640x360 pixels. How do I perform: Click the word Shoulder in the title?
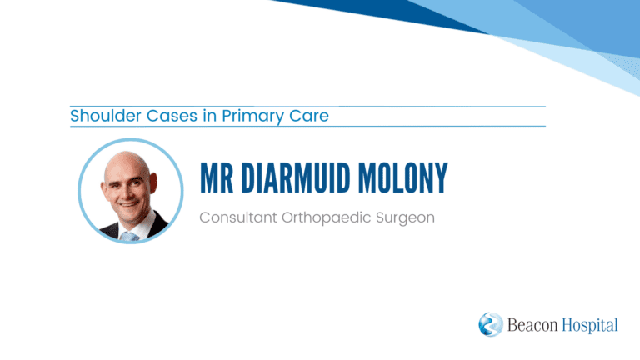tap(106, 116)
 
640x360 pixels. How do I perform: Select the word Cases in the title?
tap(172, 116)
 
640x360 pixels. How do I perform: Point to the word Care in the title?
tap(309, 116)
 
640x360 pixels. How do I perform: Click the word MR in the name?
tap(217, 177)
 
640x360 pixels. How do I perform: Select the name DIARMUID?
tap(296, 177)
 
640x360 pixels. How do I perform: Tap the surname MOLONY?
tap(402, 177)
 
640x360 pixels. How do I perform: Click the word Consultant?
tap(238, 217)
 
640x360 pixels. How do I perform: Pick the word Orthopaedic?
tap(327, 218)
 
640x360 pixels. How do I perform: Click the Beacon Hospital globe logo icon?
tap(491, 324)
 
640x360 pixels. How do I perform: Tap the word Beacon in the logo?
tap(532, 325)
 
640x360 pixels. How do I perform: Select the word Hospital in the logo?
tap(590, 326)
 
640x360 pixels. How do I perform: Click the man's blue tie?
tap(130, 237)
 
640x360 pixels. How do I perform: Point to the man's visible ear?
tap(153, 183)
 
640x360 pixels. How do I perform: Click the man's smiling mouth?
tap(127, 204)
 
